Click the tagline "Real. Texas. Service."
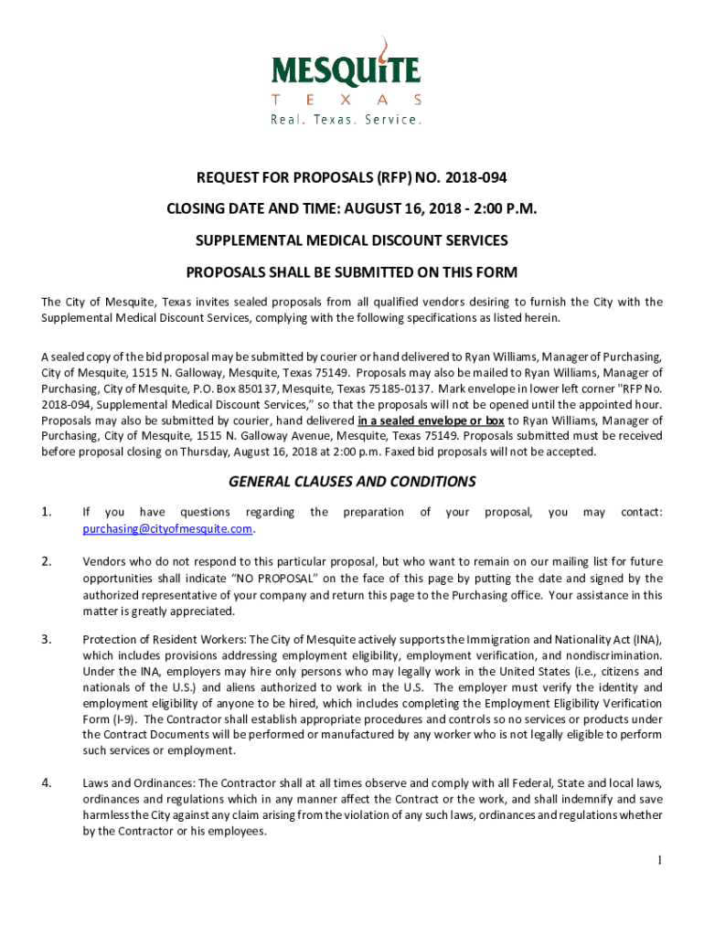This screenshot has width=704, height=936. coord(346,120)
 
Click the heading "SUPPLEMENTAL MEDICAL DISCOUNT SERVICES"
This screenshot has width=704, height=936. coord(352,240)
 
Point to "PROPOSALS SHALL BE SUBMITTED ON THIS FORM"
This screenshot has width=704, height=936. coord(352,272)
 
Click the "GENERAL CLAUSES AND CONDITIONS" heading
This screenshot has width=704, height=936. coord(352,482)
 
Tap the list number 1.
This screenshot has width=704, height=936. coord(46,512)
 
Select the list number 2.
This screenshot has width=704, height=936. coord(46,561)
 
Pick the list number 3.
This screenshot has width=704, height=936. coord(46,638)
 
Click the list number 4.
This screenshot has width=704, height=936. coord(46,782)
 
